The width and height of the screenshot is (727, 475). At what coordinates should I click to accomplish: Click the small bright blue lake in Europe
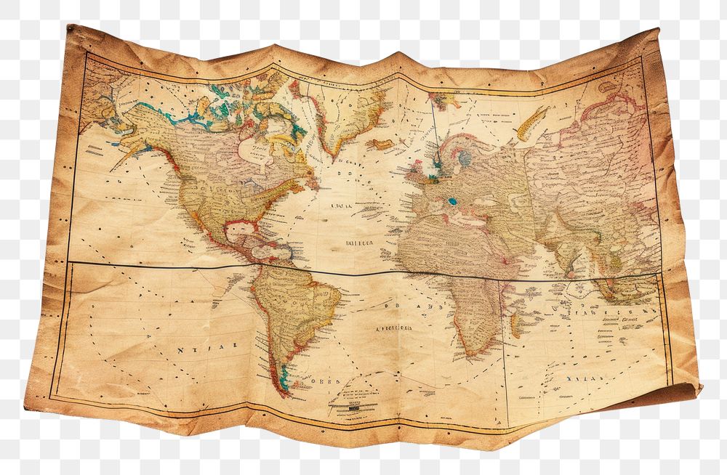click(452, 202)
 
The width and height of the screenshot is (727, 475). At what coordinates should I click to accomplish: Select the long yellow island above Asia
click(532, 121)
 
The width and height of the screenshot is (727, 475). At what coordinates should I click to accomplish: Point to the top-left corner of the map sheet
click(71, 29)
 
